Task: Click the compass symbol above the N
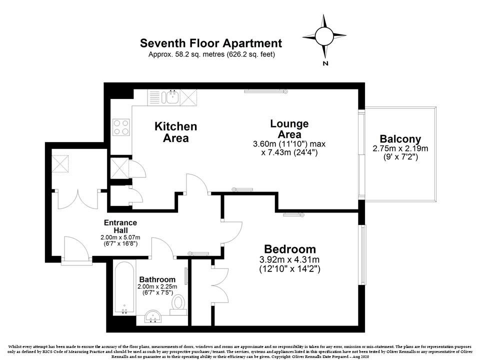pyautogui.click(x=324, y=35)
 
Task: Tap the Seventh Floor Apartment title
pyautogui.click(x=211, y=43)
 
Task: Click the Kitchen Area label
pyautogui.click(x=175, y=132)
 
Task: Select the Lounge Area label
pyautogui.click(x=289, y=129)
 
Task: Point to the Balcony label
pyautogui.click(x=400, y=139)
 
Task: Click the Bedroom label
pyautogui.click(x=289, y=249)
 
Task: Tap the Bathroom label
pyautogui.click(x=157, y=279)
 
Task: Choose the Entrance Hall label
pyautogui.click(x=120, y=226)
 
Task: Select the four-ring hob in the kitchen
pyautogui.click(x=121, y=126)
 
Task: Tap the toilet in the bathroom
pyautogui.click(x=178, y=303)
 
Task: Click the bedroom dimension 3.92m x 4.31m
pyautogui.click(x=289, y=259)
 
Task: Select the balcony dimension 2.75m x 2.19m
pyautogui.click(x=400, y=148)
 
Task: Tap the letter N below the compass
pyautogui.click(x=325, y=63)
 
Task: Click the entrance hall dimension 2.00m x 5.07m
pyautogui.click(x=120, y=237)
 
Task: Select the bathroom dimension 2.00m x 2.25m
pyautogui.click(x=157, y=286)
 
